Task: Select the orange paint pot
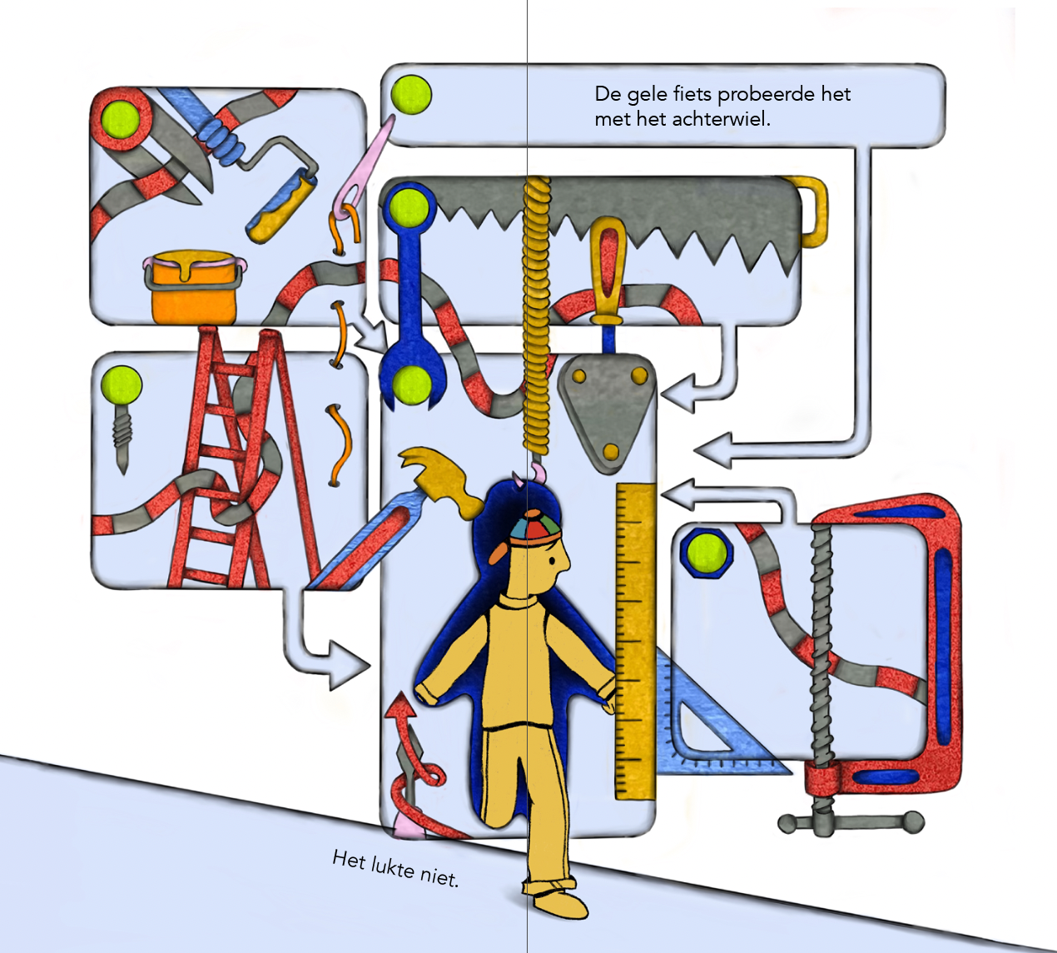pyautogui.click(x=193, y=288)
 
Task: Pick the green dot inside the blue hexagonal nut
pyautogui.click(x=706, y=553)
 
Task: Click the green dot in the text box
pyautogui.click(x=411, y=95)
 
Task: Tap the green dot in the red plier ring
pyautogui.click(x=121, y=121)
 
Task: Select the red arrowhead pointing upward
pyautogui.click(x=400, y=705)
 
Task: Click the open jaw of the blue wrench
pyautogui.click(x=413, y=382)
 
